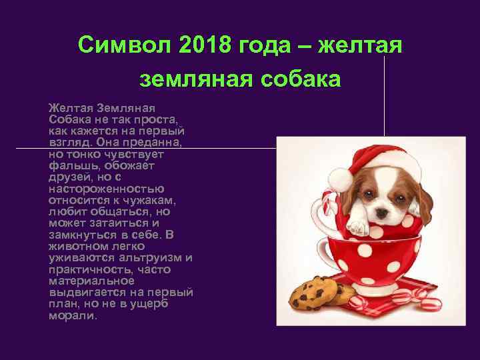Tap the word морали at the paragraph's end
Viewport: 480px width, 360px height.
tap(73, 315)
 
